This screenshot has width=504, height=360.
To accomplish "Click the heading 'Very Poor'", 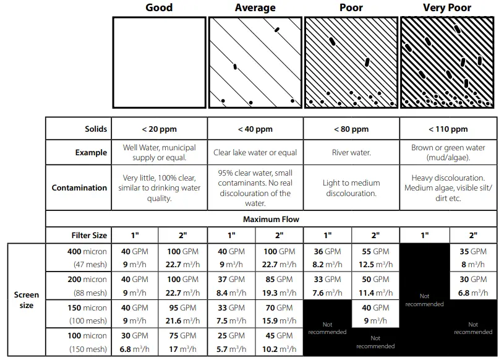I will pyautogui.click(x=446, y=8).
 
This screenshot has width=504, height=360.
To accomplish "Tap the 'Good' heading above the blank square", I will pyautogui.click(x=159, y=8).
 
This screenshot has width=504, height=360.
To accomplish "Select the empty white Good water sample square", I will pyautogui.click(x=159, y=62).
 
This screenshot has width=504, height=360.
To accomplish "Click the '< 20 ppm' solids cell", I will pyautogui.click(x=159, y=129).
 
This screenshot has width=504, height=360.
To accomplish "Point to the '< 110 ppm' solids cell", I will pyautogui.click(x=448, y=129).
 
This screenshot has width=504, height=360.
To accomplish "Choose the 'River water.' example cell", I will pyautogui.click(x=351, y=153).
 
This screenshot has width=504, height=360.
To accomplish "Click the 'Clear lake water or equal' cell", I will pyautogui.click(x=255, y=153).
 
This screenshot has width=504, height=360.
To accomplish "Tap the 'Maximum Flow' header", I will pyautogui.click(x=271, y=220).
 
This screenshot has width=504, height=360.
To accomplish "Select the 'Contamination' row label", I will pyautogui.click(x=79, y=188).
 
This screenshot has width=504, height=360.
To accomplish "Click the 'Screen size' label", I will pyautogui.click(x=27, y=300).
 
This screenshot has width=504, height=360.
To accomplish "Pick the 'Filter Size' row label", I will pyautogui.click(x=89, y=236).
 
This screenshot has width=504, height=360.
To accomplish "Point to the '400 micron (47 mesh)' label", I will pyautogui.click(x=87, y=258).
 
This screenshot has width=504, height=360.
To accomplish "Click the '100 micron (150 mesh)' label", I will pyautogui.click(x=87, y=342).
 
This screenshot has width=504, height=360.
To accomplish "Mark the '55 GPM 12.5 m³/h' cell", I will pyautogui.click(x=375, y=258).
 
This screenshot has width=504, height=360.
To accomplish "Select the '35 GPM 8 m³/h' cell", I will pyautogui.click(x=473, y=258).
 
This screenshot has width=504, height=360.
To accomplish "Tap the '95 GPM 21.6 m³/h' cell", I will pyautogui.click(x=182, y=314).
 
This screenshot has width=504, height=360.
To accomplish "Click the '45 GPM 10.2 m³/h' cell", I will pyautogui.click(x=279, y=342).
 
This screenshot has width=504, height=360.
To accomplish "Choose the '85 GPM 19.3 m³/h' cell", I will pyautogui.click(x=279, y=286).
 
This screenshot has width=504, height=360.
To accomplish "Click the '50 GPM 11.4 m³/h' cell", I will pyautogui.click(x=375, y=286).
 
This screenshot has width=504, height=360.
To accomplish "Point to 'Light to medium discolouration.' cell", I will pyautogui.click(x=351, y=188).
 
